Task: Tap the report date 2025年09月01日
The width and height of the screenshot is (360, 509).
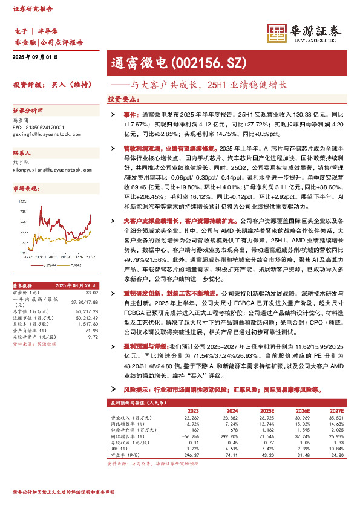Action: pos(34,57)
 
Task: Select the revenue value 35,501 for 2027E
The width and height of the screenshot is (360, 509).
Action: pos(335,417)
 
